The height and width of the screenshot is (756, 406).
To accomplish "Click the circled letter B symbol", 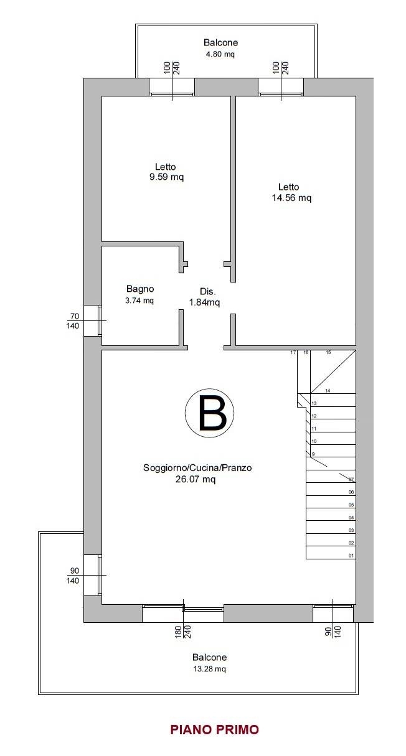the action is [x=209, y=413].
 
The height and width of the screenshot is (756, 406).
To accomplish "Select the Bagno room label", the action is [x=140, y=289].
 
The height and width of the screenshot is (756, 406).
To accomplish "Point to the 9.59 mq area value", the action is [x=167, y=177].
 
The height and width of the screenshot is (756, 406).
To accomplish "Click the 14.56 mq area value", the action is [x=291, y=198].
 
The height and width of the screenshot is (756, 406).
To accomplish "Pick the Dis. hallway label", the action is [x=207, y=292].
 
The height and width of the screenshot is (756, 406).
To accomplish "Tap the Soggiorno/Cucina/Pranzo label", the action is [x=197, y=468].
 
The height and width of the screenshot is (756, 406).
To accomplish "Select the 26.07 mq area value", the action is [x=196, y=479].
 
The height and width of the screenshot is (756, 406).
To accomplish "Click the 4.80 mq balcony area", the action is [x=220, y=54].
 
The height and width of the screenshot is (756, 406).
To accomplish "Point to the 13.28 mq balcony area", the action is [x=209, y=669].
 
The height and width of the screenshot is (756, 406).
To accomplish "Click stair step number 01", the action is [x=351, y=556].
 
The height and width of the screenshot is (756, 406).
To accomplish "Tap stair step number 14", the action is [x=328, y=391].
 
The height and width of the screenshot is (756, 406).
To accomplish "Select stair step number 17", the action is [x=293, y=352].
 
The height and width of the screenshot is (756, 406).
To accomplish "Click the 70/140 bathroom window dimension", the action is [x=73, y=321].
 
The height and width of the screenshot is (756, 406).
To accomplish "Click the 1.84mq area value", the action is [x=204, y=302].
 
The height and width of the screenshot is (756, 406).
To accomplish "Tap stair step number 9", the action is [x=313, y=454].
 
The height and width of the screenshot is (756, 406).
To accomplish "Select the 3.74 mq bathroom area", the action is [x=139, y=301].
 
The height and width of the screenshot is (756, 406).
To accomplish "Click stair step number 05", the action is [x=351, y=505].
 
